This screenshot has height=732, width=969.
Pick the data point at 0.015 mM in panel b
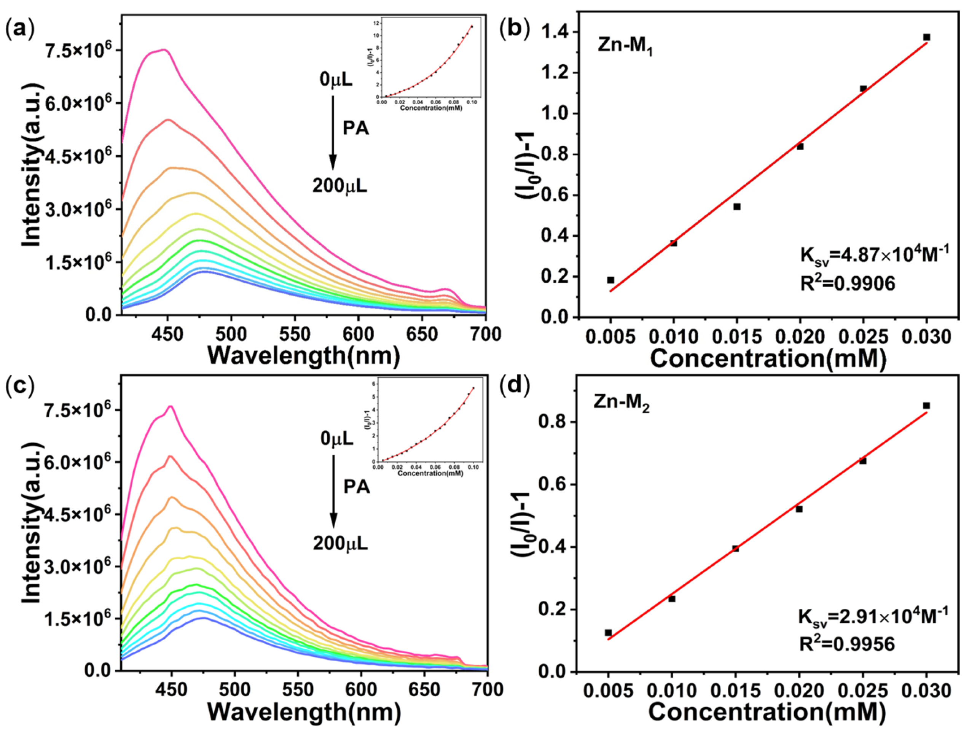737,207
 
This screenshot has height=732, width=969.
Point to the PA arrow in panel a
333,131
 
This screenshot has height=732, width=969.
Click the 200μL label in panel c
340,544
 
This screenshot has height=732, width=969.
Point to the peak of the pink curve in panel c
171,407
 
